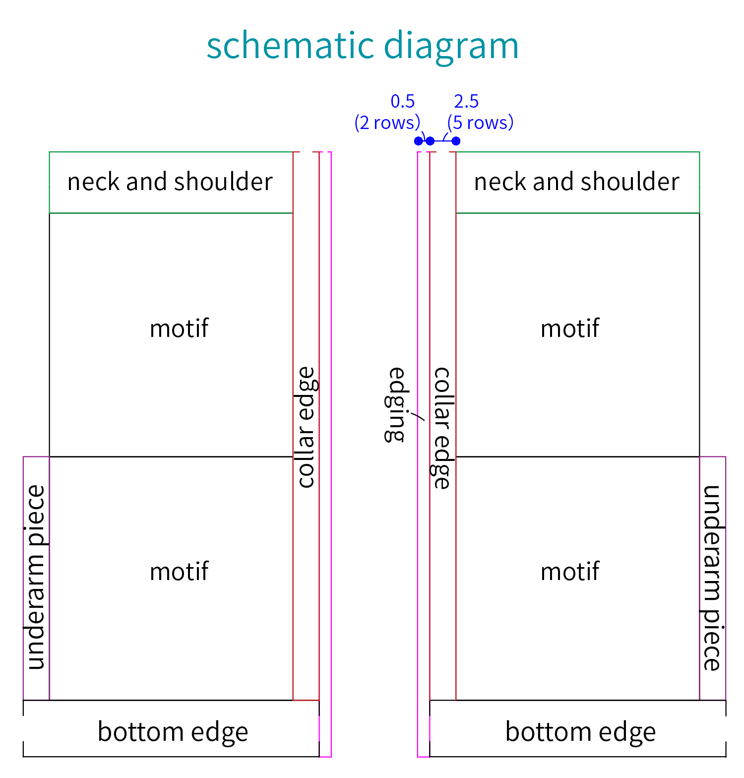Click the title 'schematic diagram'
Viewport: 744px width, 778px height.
point(363,46)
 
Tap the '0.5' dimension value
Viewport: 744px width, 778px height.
point(403,101)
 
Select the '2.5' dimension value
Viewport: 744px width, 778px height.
point(466,101)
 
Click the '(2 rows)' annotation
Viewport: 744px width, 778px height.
point(387,123)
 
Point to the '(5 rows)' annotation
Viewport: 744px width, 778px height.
point(480,123)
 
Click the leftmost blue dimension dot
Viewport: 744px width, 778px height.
point(418,141)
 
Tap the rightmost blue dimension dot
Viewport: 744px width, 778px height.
point(456,141)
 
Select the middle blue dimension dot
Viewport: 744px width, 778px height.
point(430,141)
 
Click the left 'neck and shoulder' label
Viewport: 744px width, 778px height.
point(170,182)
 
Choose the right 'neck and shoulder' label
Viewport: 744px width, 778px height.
point(577,182)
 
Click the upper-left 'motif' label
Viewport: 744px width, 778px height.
point(179,328)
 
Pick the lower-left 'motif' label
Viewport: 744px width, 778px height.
point(179,571)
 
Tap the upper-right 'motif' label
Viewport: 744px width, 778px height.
point(570,328)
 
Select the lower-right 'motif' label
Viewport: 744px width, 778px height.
point(570,571)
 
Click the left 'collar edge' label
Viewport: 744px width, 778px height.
point(306,427)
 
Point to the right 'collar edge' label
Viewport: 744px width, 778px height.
point(442,428)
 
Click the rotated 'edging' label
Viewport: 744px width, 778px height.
point(397,404)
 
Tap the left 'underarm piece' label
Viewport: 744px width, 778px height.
point(37,578)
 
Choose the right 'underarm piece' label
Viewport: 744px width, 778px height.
point(712,578)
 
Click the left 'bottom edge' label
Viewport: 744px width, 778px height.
point(173,732)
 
